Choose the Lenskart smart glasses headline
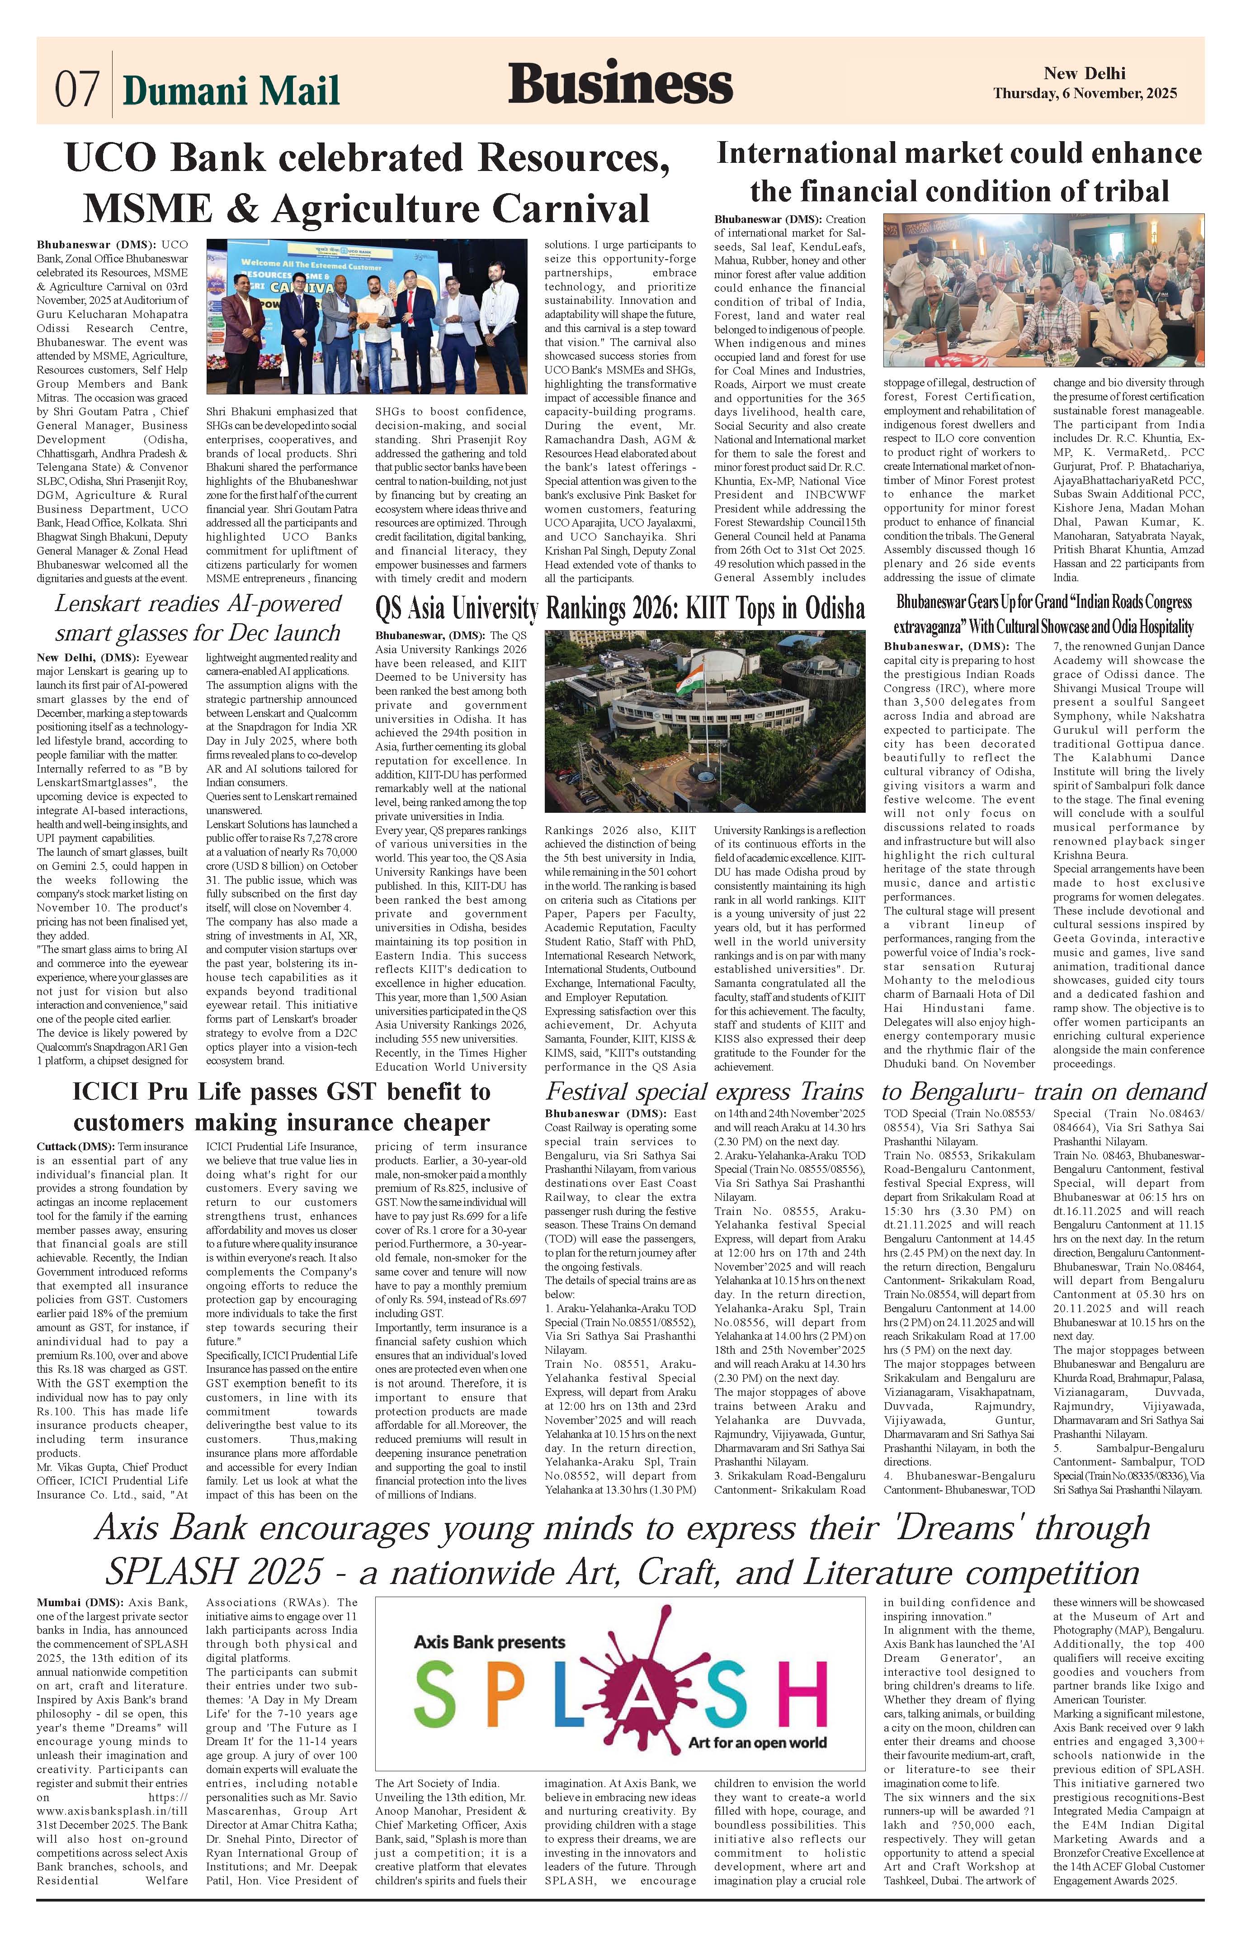coord(198,617)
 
